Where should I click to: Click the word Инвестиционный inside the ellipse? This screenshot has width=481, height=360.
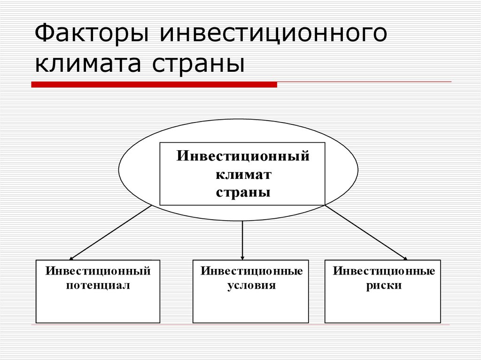pyautogui.click(x=243, y=156)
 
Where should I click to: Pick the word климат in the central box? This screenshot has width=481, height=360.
pyautogui.click(x=243, y=174)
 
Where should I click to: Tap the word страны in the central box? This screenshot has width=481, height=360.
pyautogui.click(x=243, y=192)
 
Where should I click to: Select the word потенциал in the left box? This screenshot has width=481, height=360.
pyautogui.click(x=98, y=285)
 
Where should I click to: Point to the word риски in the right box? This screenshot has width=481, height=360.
pyautogui.click(x=384, y=285)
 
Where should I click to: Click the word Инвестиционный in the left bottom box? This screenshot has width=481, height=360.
pyautogui.click(x=98, y=271)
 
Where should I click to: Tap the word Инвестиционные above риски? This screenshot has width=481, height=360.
pyautogui.click(x=384, y=271)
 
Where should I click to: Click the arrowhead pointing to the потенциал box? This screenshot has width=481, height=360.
pyautogui.click(x=71, y=258)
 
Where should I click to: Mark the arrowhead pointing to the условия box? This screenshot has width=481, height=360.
pyautogui.click(x=242, y=257)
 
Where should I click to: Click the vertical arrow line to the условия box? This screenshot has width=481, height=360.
pyautogui.click(x=242, y=237)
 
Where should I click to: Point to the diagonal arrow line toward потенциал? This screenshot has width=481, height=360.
pyautogui.click(x=110, y=232)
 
